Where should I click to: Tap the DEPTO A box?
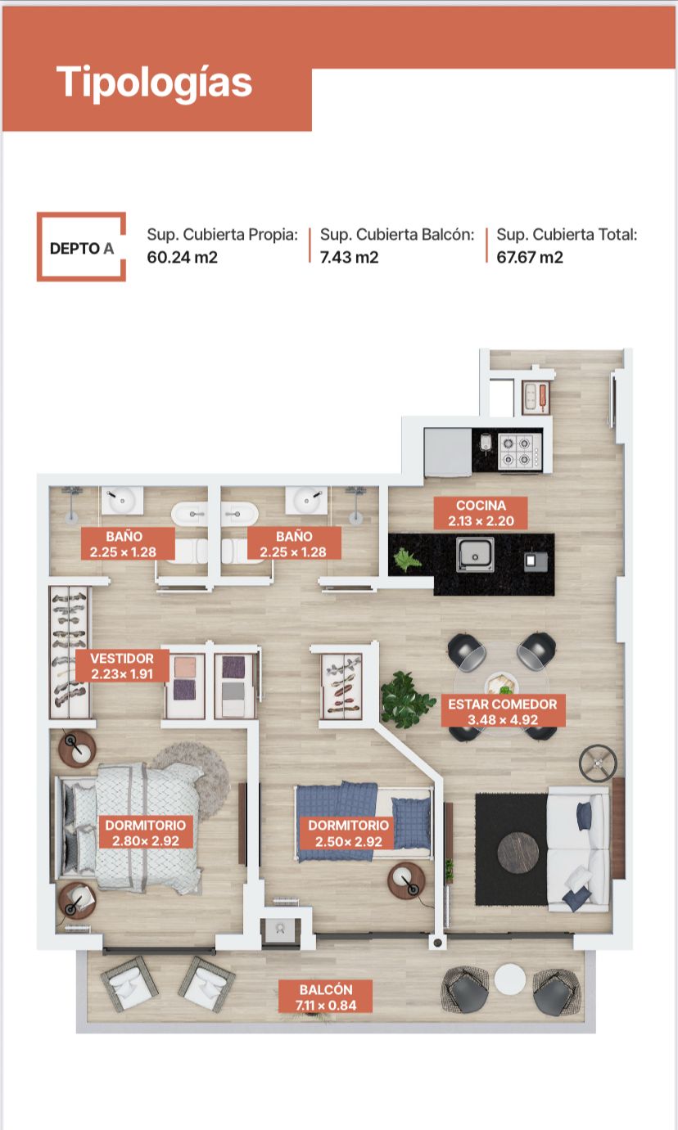coord(81,246)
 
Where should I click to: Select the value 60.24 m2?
coord(183,257)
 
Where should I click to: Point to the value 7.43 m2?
coord(350,257)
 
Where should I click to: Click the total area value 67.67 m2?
coord(530,257)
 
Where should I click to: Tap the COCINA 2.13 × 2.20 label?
coord(481,513)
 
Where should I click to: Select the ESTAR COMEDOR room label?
coord(503,711)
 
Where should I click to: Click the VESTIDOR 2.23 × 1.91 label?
coord(122,666)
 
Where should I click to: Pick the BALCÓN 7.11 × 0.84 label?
coord(326,997)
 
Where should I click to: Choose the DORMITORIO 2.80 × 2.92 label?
coord(146,833)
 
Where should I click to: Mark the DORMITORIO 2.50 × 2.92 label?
coord(348,833)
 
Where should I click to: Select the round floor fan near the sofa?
coord(598,763)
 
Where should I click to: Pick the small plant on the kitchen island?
coord(407,560)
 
